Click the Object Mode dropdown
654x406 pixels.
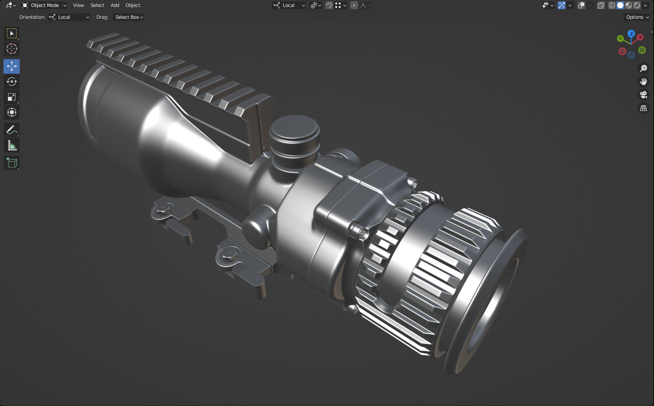click(x=44, y=5)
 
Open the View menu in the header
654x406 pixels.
click(x=78, y=5)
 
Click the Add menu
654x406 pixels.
click(x=115, y=5)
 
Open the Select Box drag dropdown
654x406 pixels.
click(x=129, y=17)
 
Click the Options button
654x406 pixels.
click(x=637, y=17)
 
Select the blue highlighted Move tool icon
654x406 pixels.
click(x=12, y=66)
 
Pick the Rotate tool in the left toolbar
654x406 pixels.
click(x=12, y=82)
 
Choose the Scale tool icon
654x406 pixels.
click(x=12, y=97)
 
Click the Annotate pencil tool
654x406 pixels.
click(x=12, y=130)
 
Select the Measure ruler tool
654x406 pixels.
click(x=12, y=146)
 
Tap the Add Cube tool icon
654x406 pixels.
click(x=12, y=163)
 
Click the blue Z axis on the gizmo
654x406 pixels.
click(x=631, y=33)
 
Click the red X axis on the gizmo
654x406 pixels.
click(x=640, y=37)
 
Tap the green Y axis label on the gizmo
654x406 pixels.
click(x=620, y=39)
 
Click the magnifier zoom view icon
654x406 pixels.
click(x=643, y=68)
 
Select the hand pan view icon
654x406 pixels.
click(x=643, y=82)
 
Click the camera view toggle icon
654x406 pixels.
click(x=643, y=95)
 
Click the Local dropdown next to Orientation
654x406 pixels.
click(x=69, y=17)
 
